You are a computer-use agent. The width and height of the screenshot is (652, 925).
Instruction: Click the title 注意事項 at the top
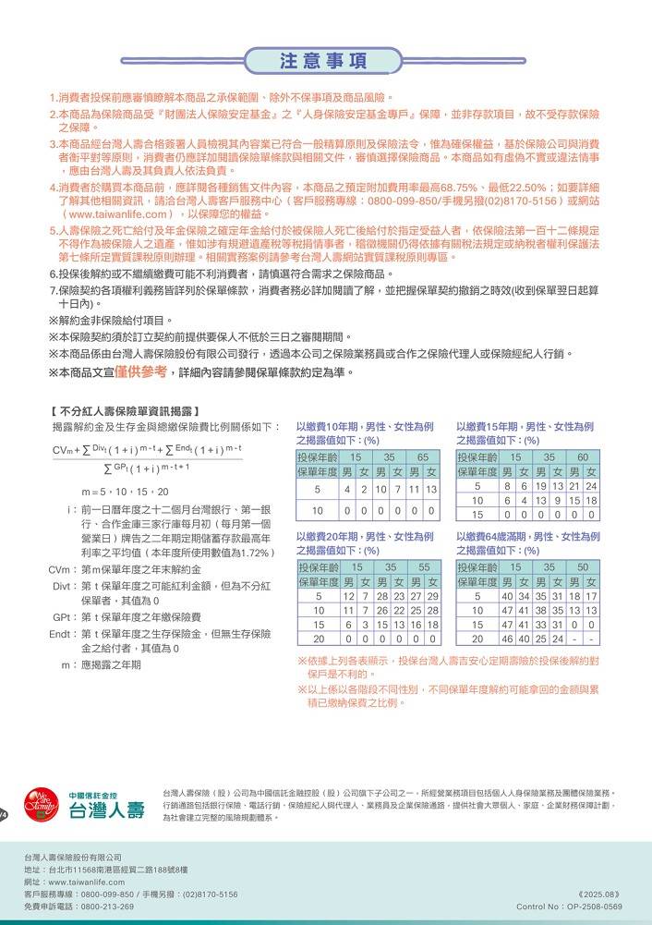pos(324,61)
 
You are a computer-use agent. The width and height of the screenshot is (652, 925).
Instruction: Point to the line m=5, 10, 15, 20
pos(125,492)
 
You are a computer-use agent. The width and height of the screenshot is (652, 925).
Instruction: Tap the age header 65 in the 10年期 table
pos(422,457)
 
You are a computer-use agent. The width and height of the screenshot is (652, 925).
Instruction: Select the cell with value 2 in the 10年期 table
pos(364,489)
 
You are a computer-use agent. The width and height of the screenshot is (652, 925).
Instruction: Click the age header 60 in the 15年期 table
pos(583,457)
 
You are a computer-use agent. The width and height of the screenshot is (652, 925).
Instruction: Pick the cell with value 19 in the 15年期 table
pos(542,486)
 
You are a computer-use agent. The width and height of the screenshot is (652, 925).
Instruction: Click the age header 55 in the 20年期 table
pos(423,566)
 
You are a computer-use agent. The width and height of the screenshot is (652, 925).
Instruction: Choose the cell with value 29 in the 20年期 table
pos(431,596)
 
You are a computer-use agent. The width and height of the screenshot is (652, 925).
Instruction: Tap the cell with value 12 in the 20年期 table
pos(349,596)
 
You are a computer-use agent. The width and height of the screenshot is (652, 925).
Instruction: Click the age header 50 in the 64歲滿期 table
pos(583,566)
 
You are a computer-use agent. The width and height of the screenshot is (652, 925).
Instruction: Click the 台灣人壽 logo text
pos(107,811)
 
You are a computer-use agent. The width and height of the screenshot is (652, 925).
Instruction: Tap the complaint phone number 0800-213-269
pos(107,907)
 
